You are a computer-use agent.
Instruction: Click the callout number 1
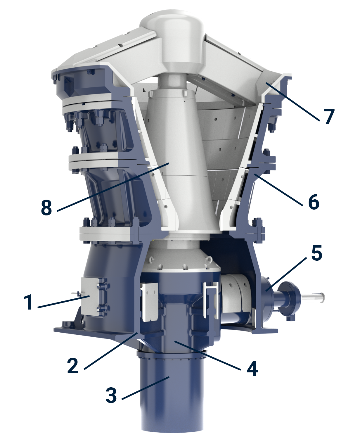pos(28,302)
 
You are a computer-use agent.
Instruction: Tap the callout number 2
pos(73,365)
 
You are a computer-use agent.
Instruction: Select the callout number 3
pos(111,395)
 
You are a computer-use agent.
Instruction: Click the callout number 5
pos(316,253)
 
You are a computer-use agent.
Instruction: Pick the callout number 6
pos(314,202)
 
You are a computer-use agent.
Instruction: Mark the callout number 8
pos(46,208)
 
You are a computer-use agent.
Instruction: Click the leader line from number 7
pos(292,101)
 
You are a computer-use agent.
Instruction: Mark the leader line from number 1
pos(63,302)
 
